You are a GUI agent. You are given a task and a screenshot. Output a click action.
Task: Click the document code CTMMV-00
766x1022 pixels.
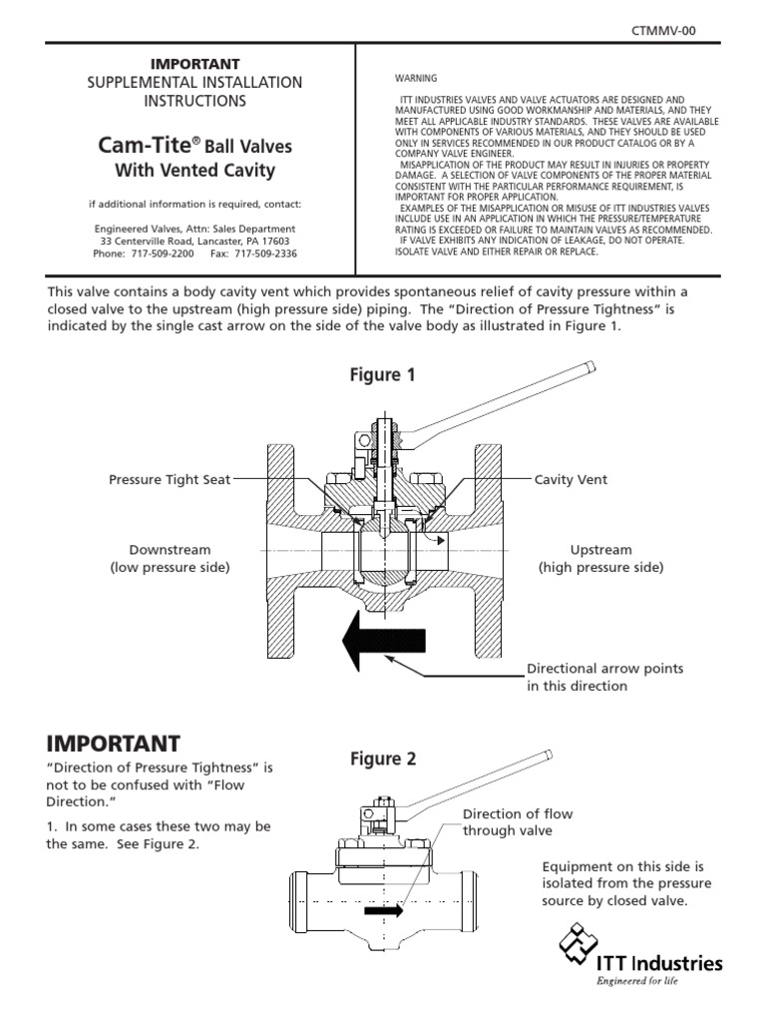[663, 31]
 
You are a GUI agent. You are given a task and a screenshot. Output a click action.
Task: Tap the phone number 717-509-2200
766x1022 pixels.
[161, 254]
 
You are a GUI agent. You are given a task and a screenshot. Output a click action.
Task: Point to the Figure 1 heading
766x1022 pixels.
[382, 375]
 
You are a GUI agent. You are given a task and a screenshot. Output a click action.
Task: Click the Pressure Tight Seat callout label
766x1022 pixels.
[170, 480]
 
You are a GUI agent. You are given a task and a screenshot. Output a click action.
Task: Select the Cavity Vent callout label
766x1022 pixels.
[571, 480]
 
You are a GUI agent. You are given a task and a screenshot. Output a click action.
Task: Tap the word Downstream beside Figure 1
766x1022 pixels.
[170, 550]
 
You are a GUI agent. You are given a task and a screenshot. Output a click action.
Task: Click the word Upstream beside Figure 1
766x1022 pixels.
[600, 550]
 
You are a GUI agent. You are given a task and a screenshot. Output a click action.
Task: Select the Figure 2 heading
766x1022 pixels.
[382, 759]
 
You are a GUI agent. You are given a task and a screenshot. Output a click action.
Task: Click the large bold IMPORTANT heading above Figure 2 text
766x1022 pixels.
[114, 744]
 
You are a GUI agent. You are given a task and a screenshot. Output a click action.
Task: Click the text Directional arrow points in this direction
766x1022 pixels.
[604, 677]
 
